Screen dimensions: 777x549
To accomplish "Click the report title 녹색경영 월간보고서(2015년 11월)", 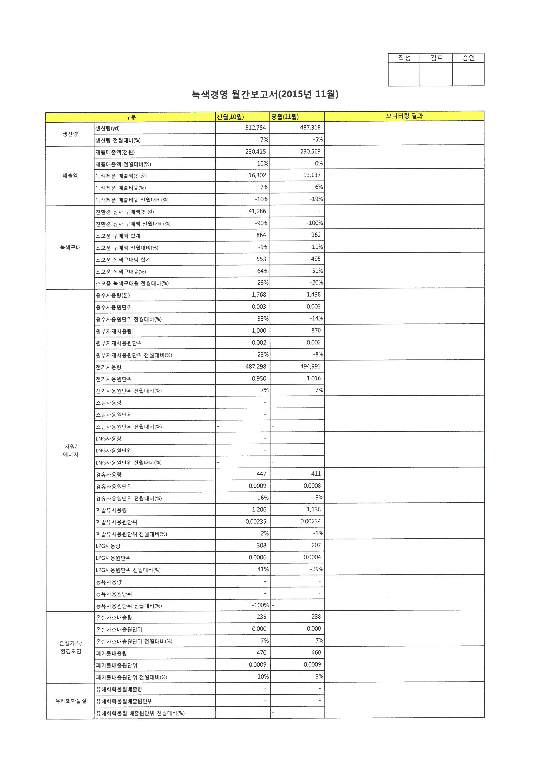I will [265, 94].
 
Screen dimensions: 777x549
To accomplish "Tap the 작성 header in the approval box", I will [404, 58].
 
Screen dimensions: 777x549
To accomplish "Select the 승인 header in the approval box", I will [468, 58].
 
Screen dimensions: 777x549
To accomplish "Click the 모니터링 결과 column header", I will [404, 116].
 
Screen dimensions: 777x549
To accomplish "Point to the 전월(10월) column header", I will [230, 117].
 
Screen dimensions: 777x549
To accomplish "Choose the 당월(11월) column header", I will [285, 117].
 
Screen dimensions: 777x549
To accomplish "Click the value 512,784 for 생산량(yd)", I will [256, 128].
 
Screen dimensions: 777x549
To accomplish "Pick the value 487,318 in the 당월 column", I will [310, 128].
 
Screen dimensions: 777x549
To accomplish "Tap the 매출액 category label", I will [70, 175].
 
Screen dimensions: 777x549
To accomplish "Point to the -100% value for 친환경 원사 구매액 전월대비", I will [315, 223].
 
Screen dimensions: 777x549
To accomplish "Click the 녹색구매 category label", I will [70, 247].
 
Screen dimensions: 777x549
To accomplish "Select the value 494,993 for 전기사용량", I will [310, 366].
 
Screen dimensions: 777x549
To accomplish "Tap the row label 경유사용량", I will [109, 475].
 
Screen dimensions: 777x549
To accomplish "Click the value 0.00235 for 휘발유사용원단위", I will [256, 521].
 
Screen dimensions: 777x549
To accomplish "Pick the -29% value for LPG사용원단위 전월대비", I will [316, 569].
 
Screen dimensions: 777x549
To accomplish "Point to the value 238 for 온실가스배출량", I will [316, 617].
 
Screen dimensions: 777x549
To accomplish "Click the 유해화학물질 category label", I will [71, 701].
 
